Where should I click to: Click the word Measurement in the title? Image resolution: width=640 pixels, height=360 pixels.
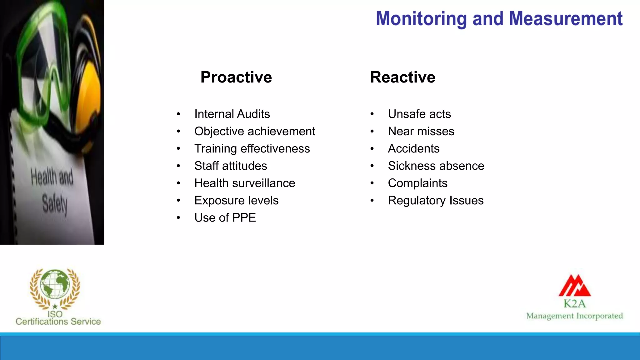click(x=566, y=19)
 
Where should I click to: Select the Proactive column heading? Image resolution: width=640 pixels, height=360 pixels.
click(x=236, y=77)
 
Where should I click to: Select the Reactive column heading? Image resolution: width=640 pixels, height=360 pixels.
click(x=402, y=77)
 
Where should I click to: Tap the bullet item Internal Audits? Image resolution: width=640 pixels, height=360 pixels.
click(x=232, y=114)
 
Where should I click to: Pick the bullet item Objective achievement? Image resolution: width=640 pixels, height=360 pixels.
click(x=255, y=131)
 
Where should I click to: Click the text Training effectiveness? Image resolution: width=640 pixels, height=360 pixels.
click(x=252, y=148)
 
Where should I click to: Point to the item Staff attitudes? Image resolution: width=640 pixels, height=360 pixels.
click(x=231, y=166)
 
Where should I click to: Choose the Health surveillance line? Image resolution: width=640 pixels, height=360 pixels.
click(x=245, y=183)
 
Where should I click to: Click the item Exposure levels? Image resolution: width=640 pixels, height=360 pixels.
click(x=236, y=200)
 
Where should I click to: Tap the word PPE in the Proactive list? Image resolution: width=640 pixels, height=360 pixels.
click(x=244, y=217)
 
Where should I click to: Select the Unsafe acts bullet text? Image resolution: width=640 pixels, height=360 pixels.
click(x=419, y=114)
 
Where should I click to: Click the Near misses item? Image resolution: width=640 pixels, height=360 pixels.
click(x=421, y=131)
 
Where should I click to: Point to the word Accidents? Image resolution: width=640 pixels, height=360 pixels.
click(x=413, y=148)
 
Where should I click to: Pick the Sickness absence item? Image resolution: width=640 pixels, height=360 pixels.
click(x=436, y=166)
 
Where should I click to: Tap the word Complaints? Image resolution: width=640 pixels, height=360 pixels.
click(x=417, y=183)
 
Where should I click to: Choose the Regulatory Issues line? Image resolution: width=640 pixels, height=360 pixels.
click(x=436, y=200)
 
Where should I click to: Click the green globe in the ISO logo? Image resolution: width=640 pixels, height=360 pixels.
click(x=55, y=284)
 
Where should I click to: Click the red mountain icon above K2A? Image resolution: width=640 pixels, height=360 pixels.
click(x=575, y=286)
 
